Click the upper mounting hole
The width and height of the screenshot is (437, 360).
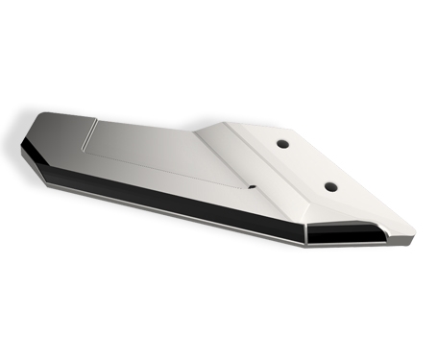(x=283, y=143)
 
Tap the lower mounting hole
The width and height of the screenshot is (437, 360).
(x=330, y=185)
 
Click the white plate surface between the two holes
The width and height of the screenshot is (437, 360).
(x=307, y=164)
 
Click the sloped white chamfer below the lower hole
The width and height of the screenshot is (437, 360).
(x=336, y=213)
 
